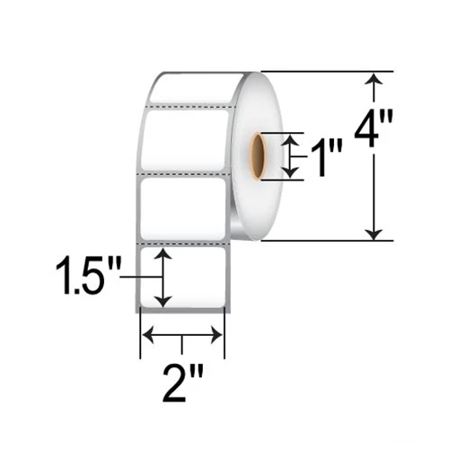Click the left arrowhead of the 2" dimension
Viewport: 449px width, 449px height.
(x=149, y=335)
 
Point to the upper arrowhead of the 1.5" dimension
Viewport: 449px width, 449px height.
(x=163, y=257)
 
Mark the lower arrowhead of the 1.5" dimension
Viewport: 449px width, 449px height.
(x=163, y=299)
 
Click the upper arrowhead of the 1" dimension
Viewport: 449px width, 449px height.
(x=289, y=139)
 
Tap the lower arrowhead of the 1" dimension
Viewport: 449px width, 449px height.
(x=289, y=171)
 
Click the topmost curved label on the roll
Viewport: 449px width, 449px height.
(x=189, y=88)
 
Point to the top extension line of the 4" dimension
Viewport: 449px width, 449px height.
(x=323, y=72)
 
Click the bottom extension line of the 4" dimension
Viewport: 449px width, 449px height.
(x=323, y=240)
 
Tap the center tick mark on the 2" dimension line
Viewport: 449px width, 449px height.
(x=182, y=341)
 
